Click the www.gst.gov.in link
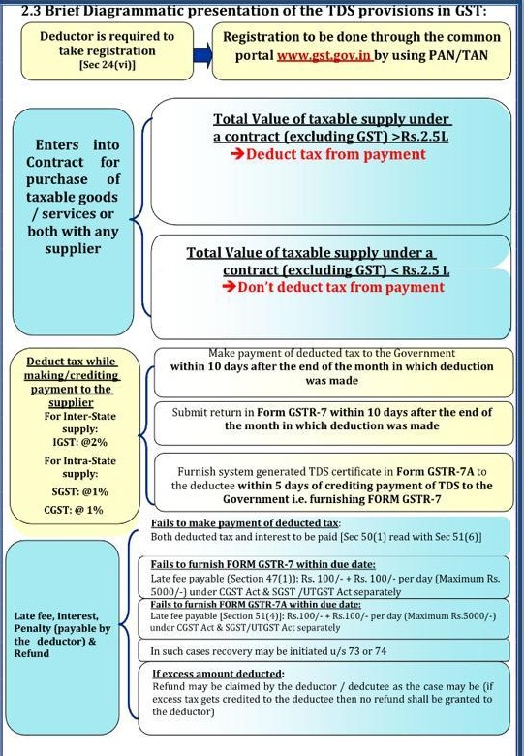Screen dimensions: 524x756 (x=324, y=56)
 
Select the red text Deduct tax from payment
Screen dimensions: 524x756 (x=334, y=154)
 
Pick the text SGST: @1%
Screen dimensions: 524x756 (x=80, y=491)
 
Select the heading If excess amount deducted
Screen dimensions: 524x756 (x=218, y=673)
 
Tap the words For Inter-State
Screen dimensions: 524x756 (x=80, y=415)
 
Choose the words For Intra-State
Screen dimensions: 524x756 (x=80, y=460)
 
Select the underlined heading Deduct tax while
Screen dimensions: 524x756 (x=72, y=362)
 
